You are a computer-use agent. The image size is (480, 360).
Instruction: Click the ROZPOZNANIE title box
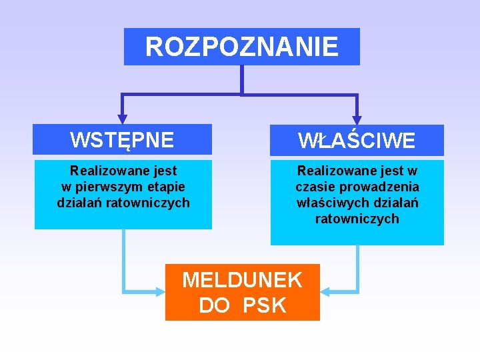click(x=241, y=47)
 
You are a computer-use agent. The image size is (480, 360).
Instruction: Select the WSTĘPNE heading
click(x=122, y=140)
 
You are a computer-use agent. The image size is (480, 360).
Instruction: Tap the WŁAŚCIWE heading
click(x=357, y=141)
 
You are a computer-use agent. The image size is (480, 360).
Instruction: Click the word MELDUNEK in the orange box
click(x=242, y=280)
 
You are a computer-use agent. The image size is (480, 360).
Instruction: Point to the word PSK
click(x=264, y=305)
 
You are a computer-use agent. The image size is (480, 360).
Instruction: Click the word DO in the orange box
click(x=214, y=305)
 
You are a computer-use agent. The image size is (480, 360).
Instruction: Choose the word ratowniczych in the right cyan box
click(x=357, y=219)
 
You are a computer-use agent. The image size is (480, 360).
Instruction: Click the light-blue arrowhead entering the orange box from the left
click(x=160, y=291)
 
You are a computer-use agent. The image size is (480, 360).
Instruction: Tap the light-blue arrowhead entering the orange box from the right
click(x=325, y=291)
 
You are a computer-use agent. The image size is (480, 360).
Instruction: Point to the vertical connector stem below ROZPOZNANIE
click(x=241, y=79)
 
